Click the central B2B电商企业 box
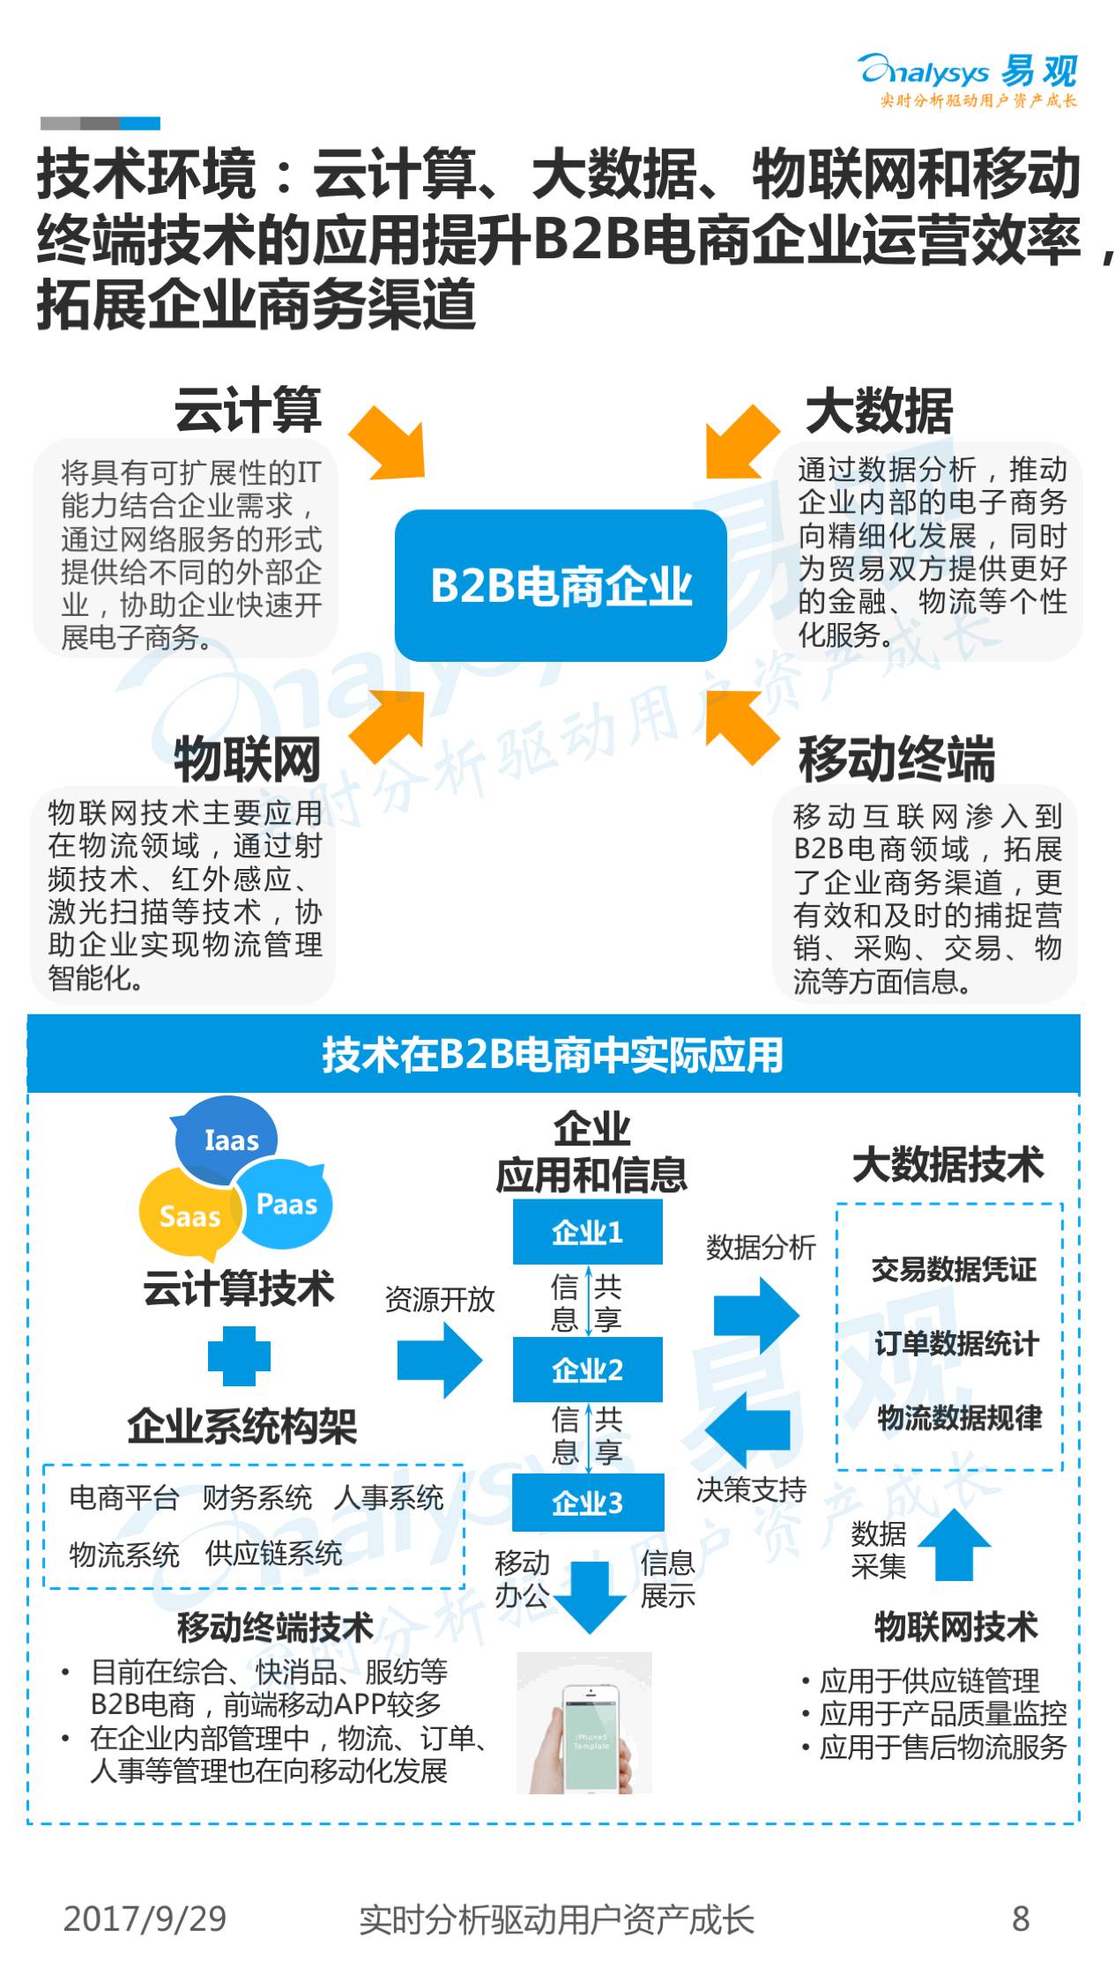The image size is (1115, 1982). pos(561,585)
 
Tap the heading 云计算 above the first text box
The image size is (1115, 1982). pos(248,410)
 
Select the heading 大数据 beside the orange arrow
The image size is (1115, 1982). pos(879,411)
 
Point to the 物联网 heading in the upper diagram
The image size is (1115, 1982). pos(248,759)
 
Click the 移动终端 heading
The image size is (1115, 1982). pos(896,759)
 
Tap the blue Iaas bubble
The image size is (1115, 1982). pos(227,1139)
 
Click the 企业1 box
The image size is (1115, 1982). pos(588,1231)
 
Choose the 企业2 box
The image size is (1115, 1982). pos(588,1369)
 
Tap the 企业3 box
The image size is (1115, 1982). pos(588,1503)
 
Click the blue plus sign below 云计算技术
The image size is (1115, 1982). pos(239,1356)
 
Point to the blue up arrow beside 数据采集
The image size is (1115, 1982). pos(954,1546)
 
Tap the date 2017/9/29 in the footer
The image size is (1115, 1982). pos(145,1919)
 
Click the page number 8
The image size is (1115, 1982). pos(1021,1919)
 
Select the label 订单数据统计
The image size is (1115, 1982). pos(956,1344)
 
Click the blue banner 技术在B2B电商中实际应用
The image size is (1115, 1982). pos(554,1054)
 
